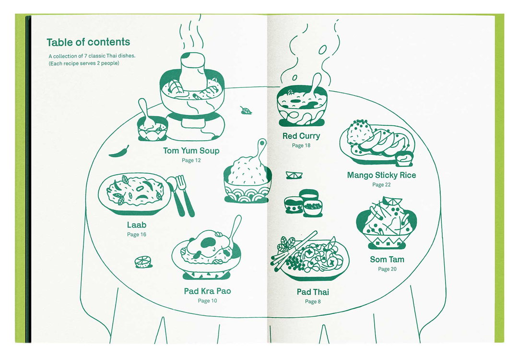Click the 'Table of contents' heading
tap(88, 42)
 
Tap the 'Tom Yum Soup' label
tap(191, 151)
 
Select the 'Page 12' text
tap(191, 160)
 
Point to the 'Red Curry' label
tap(301, 136)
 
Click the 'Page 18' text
tap(301, 145)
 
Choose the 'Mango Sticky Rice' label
tap(382, 175)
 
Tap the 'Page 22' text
tap(382, 185)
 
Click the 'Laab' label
tap(136, 225)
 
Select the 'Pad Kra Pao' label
tap(208, 291)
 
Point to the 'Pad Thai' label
tap(313, 292)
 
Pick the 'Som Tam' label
tap(387, 260)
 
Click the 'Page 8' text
tap(313, 301)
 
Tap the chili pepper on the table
tap(119, 152)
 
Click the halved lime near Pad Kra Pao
tap(143, 262)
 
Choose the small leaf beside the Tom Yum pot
tap(246, 111)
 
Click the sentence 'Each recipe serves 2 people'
tap(84, 63)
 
